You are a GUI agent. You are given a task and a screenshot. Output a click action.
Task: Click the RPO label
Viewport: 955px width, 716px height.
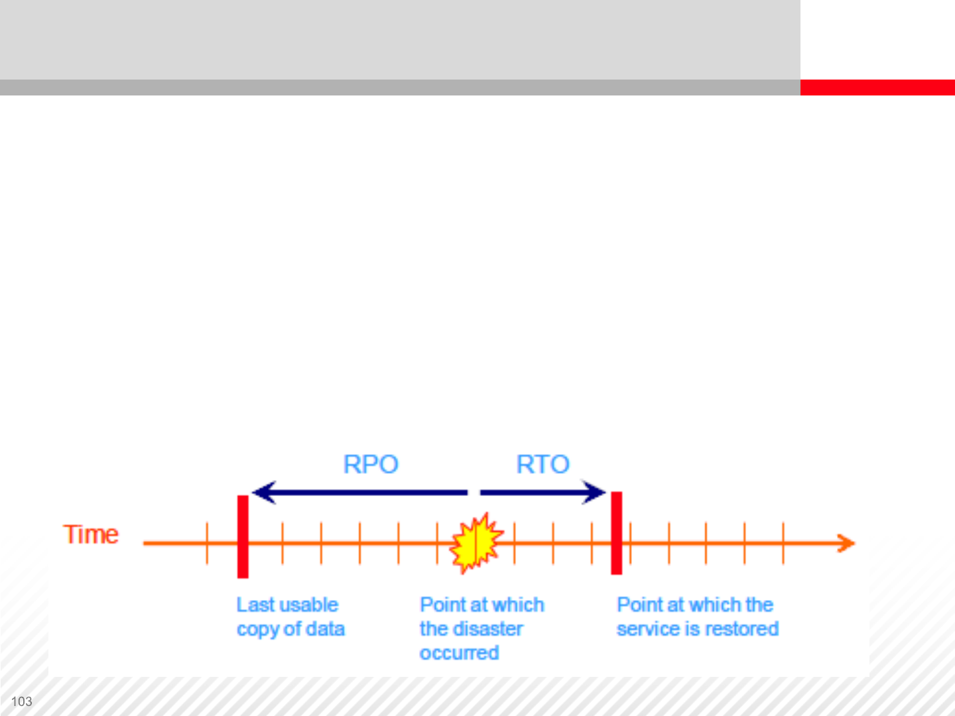[371, 464]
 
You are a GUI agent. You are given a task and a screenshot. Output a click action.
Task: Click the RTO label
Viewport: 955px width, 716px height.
[542, 464]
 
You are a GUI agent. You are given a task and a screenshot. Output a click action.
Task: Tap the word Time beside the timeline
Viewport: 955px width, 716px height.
[91, 534]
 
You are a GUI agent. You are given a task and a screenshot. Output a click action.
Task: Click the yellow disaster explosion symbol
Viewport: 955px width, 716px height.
[476, 543]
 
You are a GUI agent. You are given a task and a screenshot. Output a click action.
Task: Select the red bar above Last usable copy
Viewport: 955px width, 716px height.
[243, 536]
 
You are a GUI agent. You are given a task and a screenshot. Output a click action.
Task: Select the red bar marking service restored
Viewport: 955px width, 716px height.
[616, 533]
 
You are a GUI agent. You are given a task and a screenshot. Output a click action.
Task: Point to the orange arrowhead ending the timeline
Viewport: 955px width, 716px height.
[847, 543]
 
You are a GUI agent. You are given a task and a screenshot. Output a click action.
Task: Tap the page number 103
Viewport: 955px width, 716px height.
[21, 701]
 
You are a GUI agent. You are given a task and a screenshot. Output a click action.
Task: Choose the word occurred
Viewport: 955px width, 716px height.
[459, 653]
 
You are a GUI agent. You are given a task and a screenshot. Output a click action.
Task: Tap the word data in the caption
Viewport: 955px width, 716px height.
[325, 628]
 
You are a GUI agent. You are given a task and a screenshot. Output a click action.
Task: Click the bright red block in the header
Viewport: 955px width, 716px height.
[877, 88]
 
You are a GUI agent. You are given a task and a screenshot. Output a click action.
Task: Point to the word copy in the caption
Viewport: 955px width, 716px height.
[257, 629]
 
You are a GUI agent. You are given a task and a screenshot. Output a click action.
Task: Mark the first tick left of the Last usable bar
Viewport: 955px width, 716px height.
[207, 543]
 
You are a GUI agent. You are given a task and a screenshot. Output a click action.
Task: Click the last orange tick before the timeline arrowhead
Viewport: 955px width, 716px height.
[783, 543]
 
